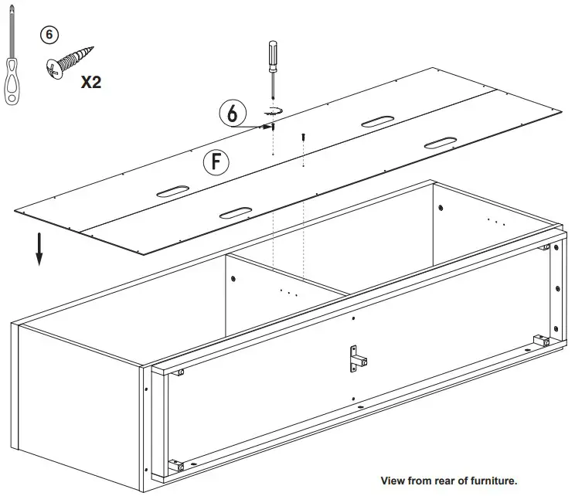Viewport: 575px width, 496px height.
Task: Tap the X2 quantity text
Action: click(x=91, y=82)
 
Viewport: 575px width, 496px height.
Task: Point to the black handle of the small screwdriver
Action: click(x=272, y=53)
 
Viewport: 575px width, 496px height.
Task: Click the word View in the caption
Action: click(x=393, y=481)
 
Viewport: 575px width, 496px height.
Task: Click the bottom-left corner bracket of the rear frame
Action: click(x=179, y=467)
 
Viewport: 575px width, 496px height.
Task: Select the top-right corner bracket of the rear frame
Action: click(x=546, y=247)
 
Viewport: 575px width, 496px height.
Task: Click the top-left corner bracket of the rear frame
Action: click(x=179, y=372)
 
